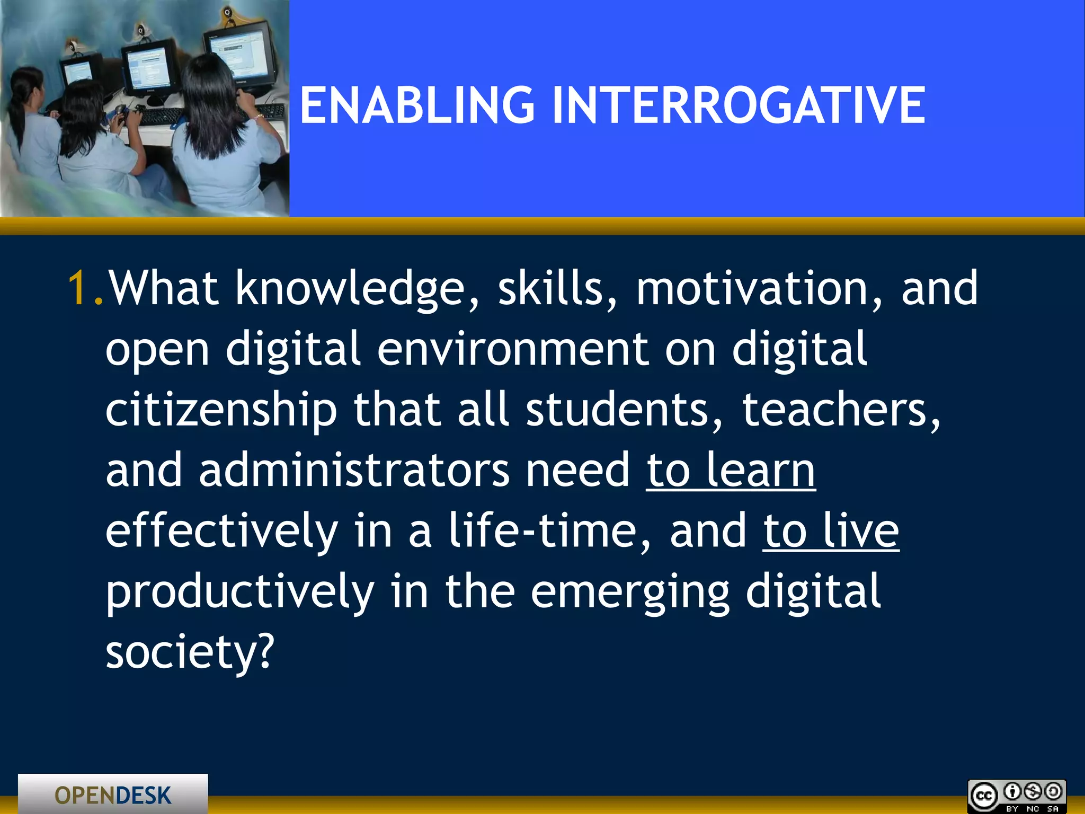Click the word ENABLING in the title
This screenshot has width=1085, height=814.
(x=417, y=106)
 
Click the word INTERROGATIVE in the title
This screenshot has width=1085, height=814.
(x=739, y=106)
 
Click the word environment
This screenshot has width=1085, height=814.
(x=513, y=350)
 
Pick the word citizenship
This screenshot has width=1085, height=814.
(x=221, y=411)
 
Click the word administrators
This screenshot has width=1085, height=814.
(x=354, y=471)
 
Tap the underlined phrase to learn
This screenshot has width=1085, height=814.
(x=731, y=471)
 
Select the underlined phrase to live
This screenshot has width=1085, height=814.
(x=831, y=531)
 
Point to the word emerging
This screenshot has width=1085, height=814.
(x=630, y=592)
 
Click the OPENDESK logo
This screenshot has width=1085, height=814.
(x=113, y=795)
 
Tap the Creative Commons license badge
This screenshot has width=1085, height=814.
(x=1016, y=797)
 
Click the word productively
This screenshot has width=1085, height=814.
(x=240, y=592)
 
